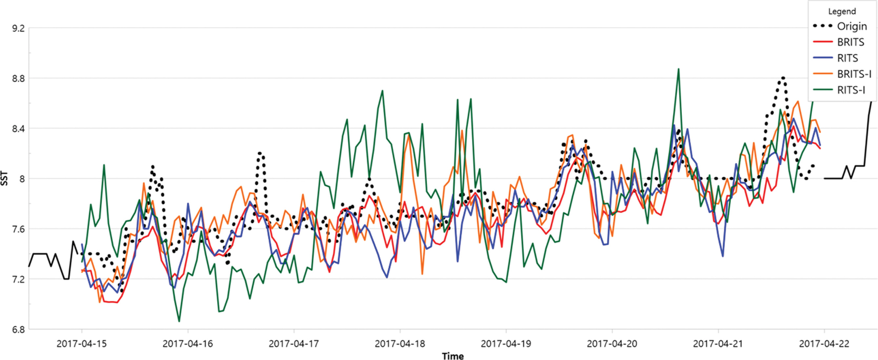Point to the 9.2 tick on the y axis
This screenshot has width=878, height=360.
pos(18,28)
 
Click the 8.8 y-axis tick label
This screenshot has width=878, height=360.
pos(18,78)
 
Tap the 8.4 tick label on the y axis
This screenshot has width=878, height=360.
pos(18,129)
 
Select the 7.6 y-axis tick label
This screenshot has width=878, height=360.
pos(18,229)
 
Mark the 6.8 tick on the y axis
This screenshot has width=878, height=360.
pos(18,329)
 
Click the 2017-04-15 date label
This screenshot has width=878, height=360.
pos(82,343)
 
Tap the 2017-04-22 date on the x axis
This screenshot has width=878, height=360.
pos(824,343)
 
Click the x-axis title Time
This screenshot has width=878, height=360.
pos(453,356)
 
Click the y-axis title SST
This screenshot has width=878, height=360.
pos(4,179)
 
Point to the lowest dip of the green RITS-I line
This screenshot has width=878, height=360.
pos(179,321)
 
